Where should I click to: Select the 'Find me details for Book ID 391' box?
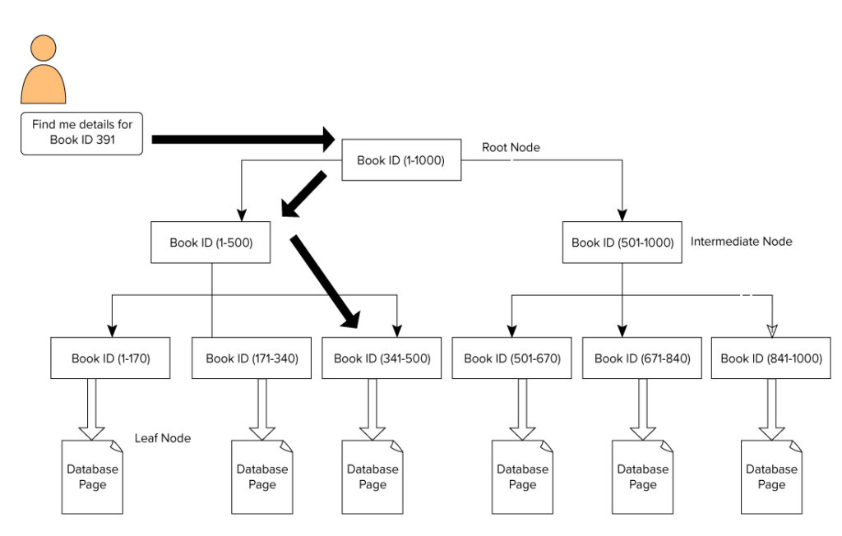[x=81, y=133]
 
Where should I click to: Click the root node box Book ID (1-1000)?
[x=400, y=160]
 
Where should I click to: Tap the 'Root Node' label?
[x=511, y=147]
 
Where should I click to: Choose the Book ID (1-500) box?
[x=210, y=243]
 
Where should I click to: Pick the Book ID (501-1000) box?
[x=622, y=243]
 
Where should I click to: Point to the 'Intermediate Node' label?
[x=741, y=242]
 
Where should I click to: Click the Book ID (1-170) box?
[x=110, y=358]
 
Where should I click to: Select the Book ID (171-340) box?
[x=252, y=358]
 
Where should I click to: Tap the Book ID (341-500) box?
[x=382, y=358]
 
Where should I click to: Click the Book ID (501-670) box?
[x=511, y=358]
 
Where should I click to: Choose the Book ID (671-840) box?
[x=642, y=358]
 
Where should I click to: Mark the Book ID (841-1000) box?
[x=770, y=358]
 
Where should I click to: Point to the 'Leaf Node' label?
[x=163, y=438]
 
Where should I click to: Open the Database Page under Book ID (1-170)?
[x=93, y=477]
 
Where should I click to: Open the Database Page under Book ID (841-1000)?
[x=771, y=477]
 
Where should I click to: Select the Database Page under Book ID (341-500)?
[x=372, y=477]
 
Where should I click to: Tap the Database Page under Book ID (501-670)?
[x=522, y=477]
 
